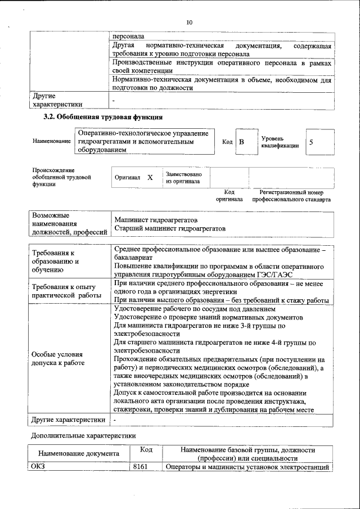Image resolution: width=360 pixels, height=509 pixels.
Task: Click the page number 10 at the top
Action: [x=188, y=22]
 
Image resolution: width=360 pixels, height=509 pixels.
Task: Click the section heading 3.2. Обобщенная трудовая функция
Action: [x=103, y=118]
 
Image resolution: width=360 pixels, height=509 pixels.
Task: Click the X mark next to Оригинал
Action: [x=150, y=177]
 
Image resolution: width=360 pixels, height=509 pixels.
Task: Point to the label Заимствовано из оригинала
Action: [x=183, y=178]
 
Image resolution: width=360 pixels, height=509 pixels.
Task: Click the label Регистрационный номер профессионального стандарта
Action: [x=291, y=196]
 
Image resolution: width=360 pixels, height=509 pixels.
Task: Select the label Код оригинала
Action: [x=229, y=196]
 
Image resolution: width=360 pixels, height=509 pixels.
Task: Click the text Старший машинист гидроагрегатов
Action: [x=169, y=229]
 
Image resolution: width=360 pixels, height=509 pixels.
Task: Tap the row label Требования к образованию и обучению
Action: [x=53, y=262]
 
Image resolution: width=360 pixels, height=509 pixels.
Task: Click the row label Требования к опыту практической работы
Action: [x=66, y=291]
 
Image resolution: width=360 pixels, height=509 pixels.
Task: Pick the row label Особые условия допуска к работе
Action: [x=57, y=359]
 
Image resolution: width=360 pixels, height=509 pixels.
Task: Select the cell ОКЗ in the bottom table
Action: [x=38, y=467]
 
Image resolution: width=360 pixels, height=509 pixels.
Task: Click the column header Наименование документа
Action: [x=78, y=453]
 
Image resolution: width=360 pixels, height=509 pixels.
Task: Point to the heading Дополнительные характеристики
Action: [x=83, y=435]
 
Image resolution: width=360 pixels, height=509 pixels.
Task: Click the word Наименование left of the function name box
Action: [x=51, y=142]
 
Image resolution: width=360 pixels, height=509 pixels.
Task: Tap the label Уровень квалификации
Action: [x=280, y=142]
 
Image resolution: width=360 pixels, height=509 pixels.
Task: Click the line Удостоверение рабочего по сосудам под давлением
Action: [x=195, y=309]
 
